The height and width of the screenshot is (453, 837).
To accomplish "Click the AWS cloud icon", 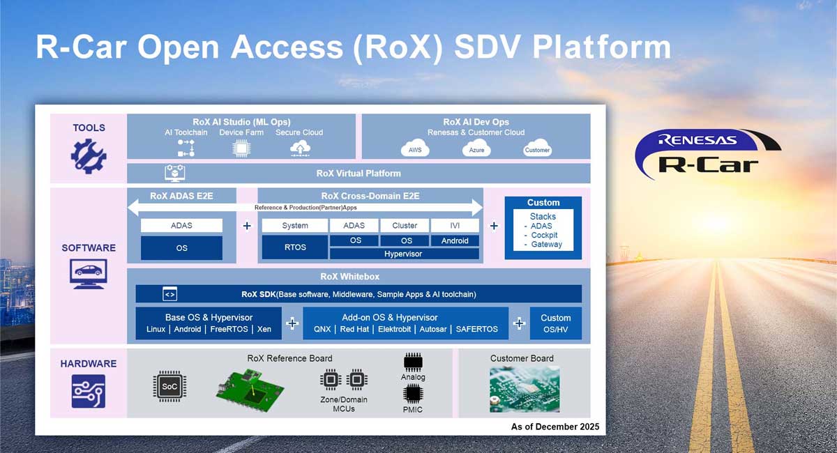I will [415, 149].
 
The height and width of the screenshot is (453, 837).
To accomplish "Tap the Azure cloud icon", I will [476, 149].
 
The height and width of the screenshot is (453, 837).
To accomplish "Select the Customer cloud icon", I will [537, 149].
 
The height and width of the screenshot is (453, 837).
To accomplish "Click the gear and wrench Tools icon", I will [89, 155].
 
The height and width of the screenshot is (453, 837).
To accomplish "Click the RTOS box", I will [294, 247].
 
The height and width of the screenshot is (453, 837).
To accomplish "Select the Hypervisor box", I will [403, 254].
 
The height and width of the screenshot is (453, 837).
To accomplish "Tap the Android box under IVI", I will [455, 240].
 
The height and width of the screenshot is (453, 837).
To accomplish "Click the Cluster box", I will [405, 225].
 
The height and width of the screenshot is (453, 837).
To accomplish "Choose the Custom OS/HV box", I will [555, 323].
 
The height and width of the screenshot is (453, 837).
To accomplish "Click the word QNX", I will [322, 329].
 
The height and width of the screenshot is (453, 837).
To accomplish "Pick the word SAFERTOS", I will [477, 329].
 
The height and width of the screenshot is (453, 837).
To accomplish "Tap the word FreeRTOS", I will [229, 329].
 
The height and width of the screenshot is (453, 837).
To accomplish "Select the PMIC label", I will [413, 410].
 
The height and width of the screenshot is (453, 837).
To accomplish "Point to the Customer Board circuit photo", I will [524, 390].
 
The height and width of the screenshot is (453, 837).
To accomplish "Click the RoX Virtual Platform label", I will [359, 173].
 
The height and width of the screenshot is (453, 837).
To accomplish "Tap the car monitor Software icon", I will [89, 274].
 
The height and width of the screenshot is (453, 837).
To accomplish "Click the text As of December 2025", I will [555, 426].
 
